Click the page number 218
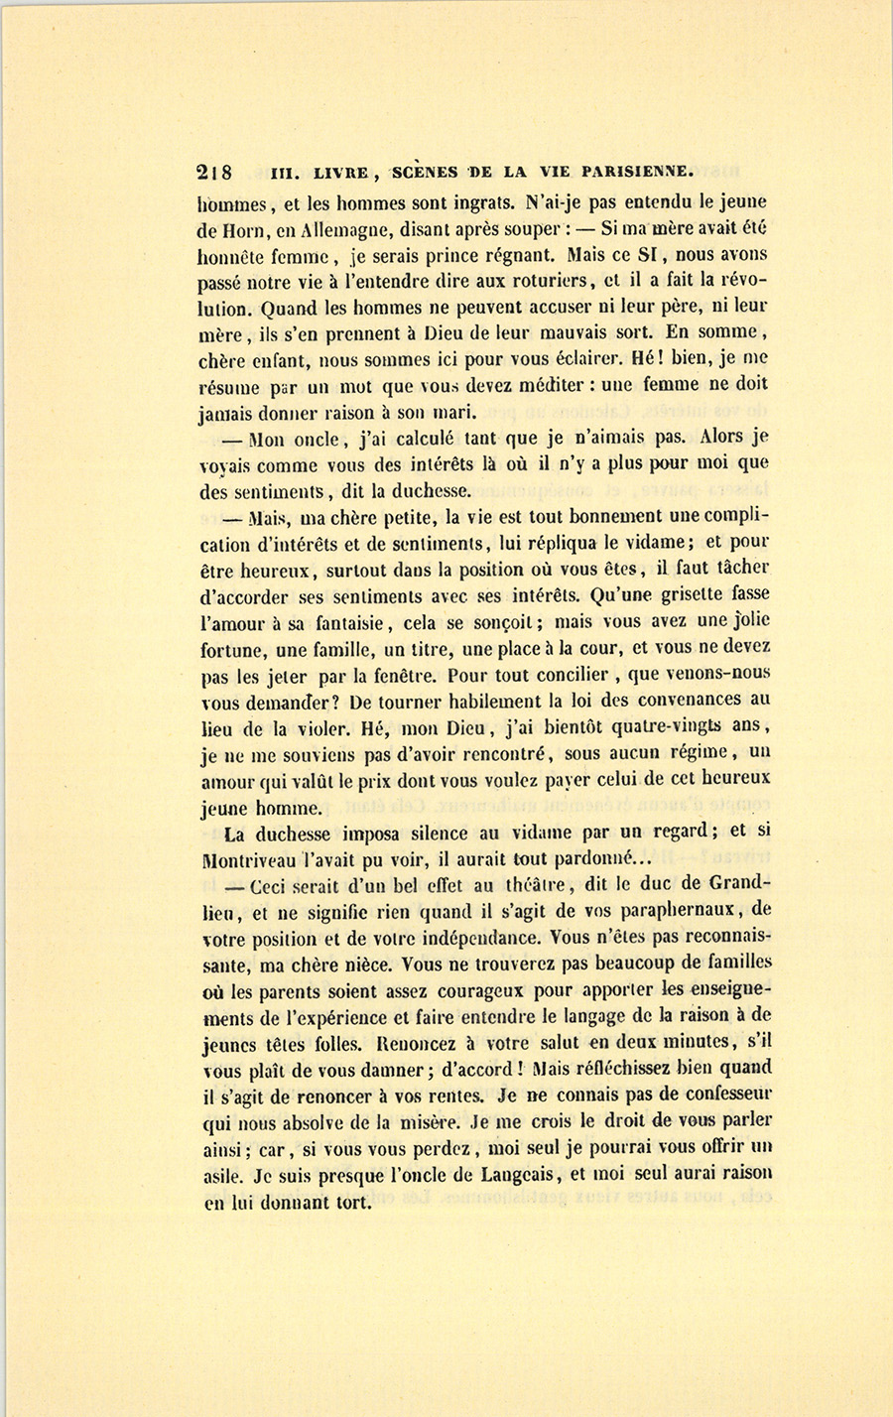point(215,172)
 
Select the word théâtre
point(530,882)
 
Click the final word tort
point(353,1201)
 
